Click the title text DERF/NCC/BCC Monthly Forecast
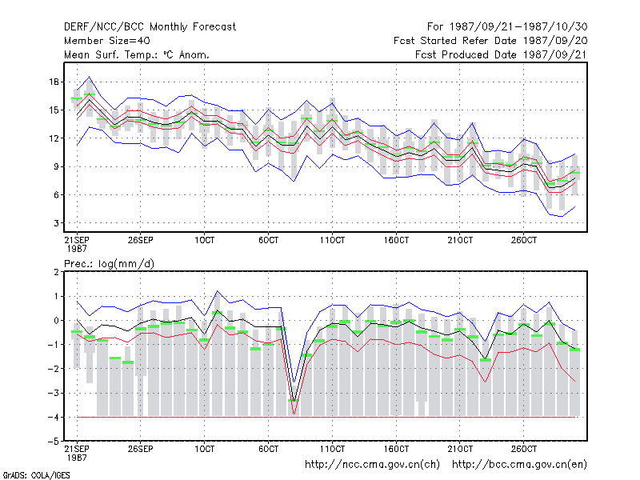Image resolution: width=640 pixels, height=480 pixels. pyautogui.click(x=150, y=27)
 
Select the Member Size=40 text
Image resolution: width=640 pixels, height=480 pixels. pyautogui.click(x=107, y=41)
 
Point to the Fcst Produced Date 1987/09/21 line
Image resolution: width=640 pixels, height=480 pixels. pyautogui.click(x=502, y=54)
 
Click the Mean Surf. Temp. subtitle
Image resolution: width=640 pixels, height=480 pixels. pyautogui.click(x=137, y=54)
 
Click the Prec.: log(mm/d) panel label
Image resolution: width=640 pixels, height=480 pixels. pyautogui.click(x=109, y=264)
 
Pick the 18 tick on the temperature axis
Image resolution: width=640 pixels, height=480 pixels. pyautogui.click(x=54, y=82)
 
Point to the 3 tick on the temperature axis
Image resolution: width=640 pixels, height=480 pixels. pyautogui.click(x=56, y=223)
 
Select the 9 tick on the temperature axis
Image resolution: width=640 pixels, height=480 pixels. pyautogui.click(x=56, y=166)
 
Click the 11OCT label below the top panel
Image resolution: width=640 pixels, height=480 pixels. pyautogui.click(x=332, y=240)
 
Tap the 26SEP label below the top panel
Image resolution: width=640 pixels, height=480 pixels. pyautogui.click(x=141, y=240)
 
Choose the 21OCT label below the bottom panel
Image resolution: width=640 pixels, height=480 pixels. pyautogui.click(x=460, y=449)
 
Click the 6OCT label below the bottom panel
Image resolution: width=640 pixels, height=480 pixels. pyautogui.click(x=268, y=449)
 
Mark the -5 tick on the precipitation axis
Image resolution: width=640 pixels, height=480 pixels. pyautogui.click(x=54, y=442)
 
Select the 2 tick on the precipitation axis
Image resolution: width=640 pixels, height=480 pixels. pyautogui.click(x=56, y=272)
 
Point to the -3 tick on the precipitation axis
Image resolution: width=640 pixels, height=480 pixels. pyautogui.click(x=54, y=393)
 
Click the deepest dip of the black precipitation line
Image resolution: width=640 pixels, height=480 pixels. pyautogui.click(x=294, y=402)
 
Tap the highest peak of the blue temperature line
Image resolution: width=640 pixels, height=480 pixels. pyautogui.click(x=90, y=76)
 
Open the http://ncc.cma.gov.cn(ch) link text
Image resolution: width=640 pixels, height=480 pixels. pyautogui.click(x=372, y=465)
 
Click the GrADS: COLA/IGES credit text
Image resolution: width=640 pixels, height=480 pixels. pyautogui.click(x=36, y=475)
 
